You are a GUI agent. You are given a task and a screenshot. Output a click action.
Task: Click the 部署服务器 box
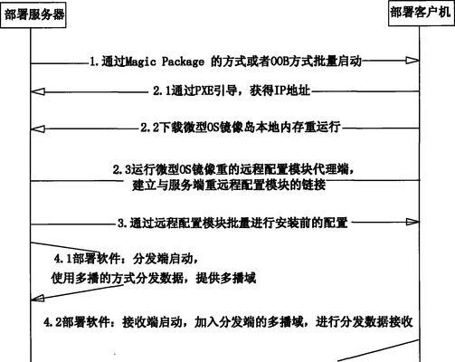[33, 14]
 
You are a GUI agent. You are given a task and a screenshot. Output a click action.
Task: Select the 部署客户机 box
[422, 14]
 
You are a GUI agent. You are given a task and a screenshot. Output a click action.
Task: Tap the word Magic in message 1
[140, 62]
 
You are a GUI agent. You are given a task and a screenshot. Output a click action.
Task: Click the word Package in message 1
[183, 62]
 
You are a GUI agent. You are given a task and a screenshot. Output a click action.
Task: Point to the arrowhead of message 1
[412, 61]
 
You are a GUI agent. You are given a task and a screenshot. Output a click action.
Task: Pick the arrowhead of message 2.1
[38, 91]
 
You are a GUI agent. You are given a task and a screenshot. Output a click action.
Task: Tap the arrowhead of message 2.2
[38, 129]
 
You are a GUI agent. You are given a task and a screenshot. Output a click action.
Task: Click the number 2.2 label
[149, 128]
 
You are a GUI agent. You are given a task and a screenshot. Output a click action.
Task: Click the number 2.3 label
[122, 170]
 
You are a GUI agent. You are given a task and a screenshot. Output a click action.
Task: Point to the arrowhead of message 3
[412, 223]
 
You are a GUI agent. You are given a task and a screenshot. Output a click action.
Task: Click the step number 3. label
[122, 224]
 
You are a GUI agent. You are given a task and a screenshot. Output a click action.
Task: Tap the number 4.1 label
[63, 259]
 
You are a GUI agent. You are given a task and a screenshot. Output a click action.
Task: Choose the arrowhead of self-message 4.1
[38, 299]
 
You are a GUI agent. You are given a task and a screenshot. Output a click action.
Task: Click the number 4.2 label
[53, 322]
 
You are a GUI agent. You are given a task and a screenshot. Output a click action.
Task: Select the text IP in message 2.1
[280, 90]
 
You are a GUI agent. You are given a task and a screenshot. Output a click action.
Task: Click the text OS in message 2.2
[213, 128]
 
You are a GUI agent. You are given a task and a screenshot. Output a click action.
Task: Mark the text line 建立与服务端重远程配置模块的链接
[229, 185]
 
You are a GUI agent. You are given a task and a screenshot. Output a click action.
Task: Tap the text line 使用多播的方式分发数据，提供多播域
[154, 278]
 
